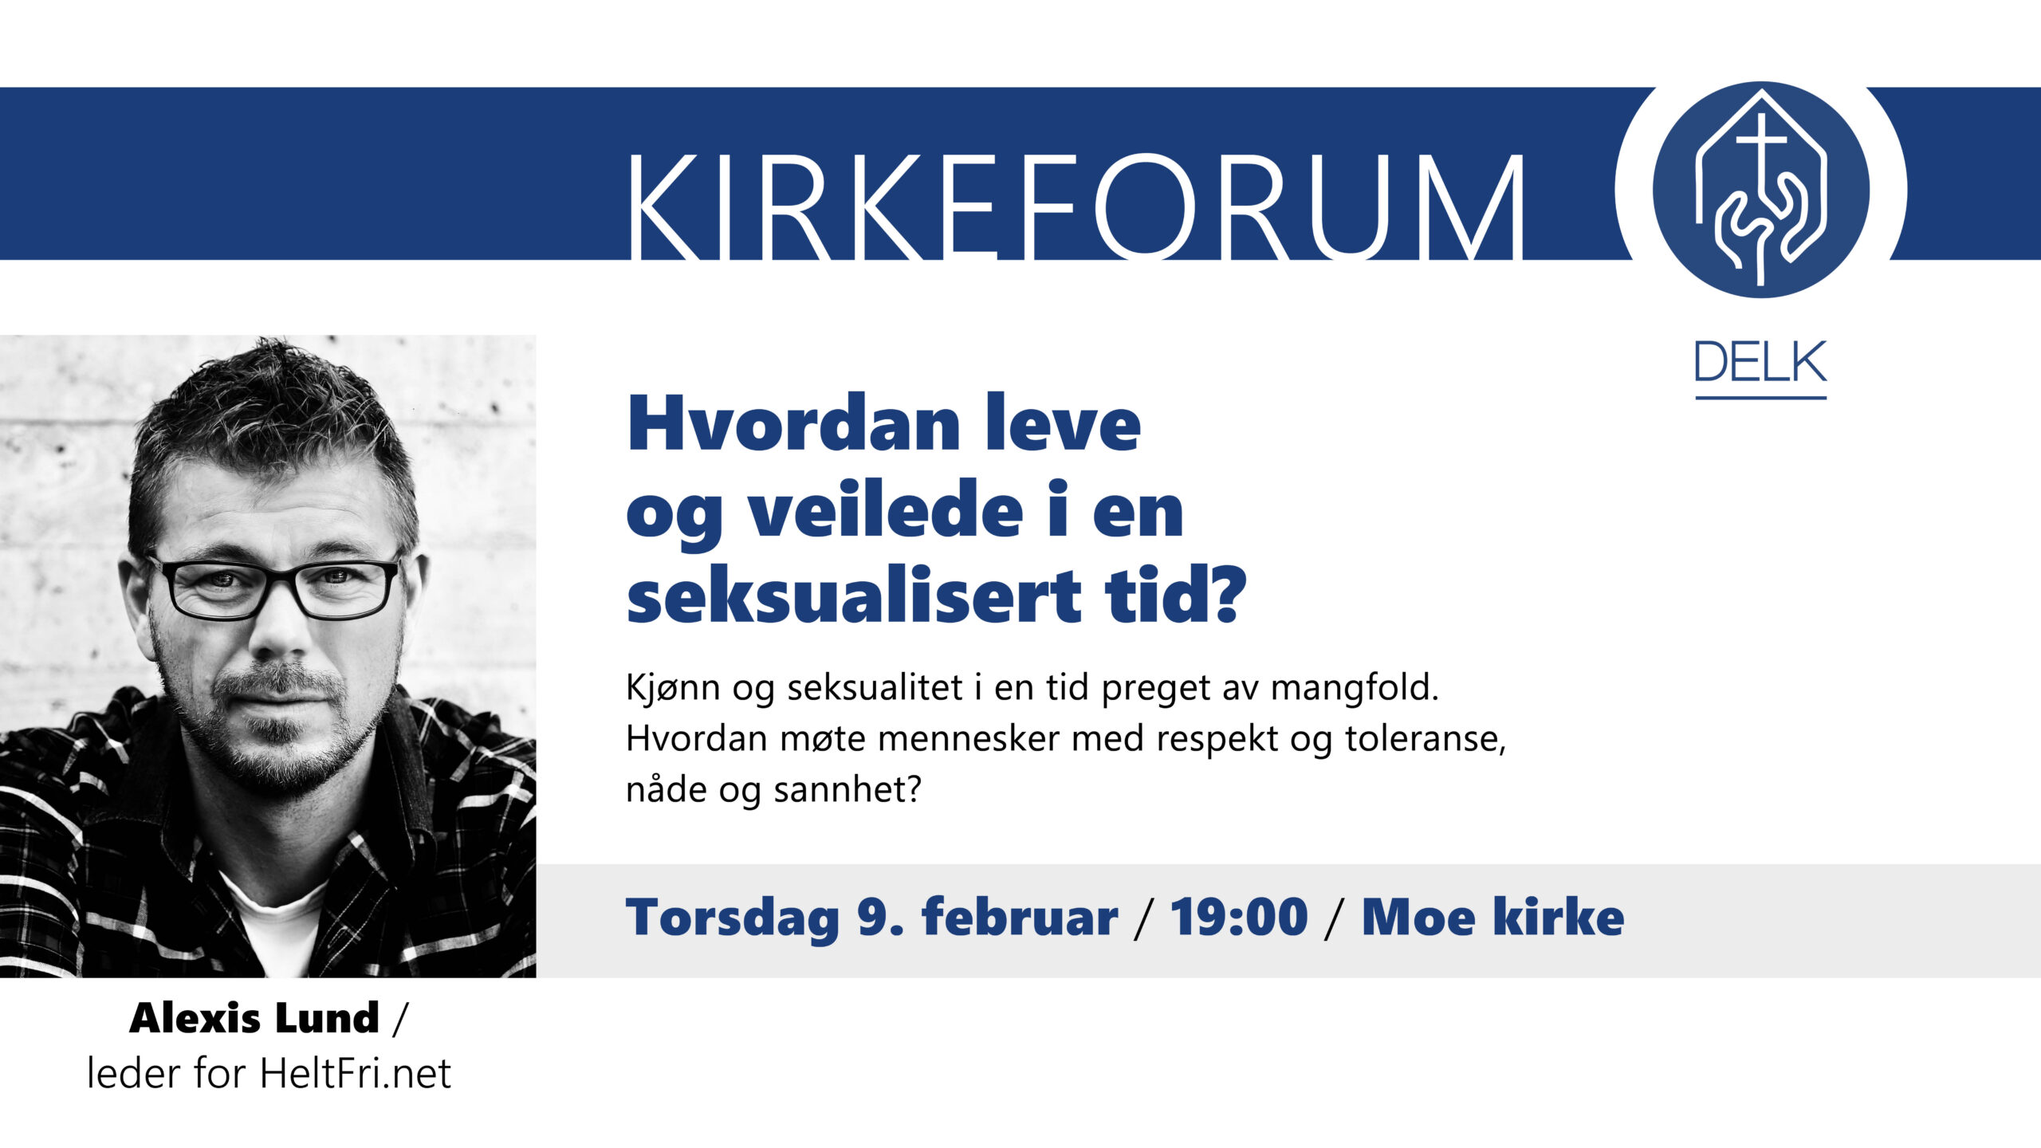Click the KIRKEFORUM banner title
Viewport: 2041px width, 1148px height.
point(1075,207)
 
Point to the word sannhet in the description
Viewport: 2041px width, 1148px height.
point(847,789)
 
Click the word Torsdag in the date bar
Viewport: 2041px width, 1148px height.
point(733,918)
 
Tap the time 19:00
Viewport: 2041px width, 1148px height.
point(1239,917)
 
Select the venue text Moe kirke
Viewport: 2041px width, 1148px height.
point(1492,917)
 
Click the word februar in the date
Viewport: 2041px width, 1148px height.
point(1020,917)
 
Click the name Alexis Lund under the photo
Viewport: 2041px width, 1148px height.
point(254,1018)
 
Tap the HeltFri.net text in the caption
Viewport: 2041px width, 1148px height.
point(355,1072)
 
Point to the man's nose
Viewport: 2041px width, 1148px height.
point(281,630)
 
